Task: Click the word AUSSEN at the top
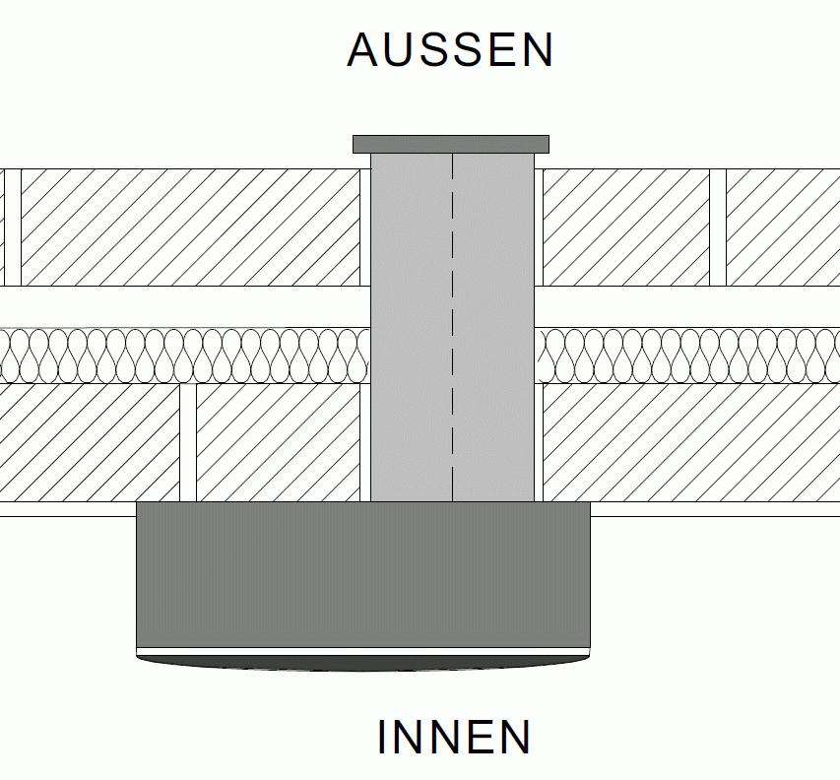pyautogui.click(x=450, y=50)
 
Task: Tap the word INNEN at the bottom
pyautogui.click(x=454, y=738)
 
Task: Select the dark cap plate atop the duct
pyautogui.click(x=451, y=145)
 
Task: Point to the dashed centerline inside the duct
pyautogui.click(x=452, y=325)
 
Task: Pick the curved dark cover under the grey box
pyautogui.click(x=362, y=662)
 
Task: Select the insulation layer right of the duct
pyautogui.click(x=689, y=355)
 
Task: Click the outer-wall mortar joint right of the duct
pyautogui.click(x=718, y=227)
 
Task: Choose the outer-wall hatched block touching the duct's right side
pyautogui.click(x=625, y=227)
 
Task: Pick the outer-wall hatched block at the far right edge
pyautogui.click(x=783, y=227)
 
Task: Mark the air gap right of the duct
pyautogui.click(x=689, y=306)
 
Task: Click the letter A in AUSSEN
pyautogui.click(x=363, y=50)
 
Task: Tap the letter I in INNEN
pyautogui.click(x=382, y=738)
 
